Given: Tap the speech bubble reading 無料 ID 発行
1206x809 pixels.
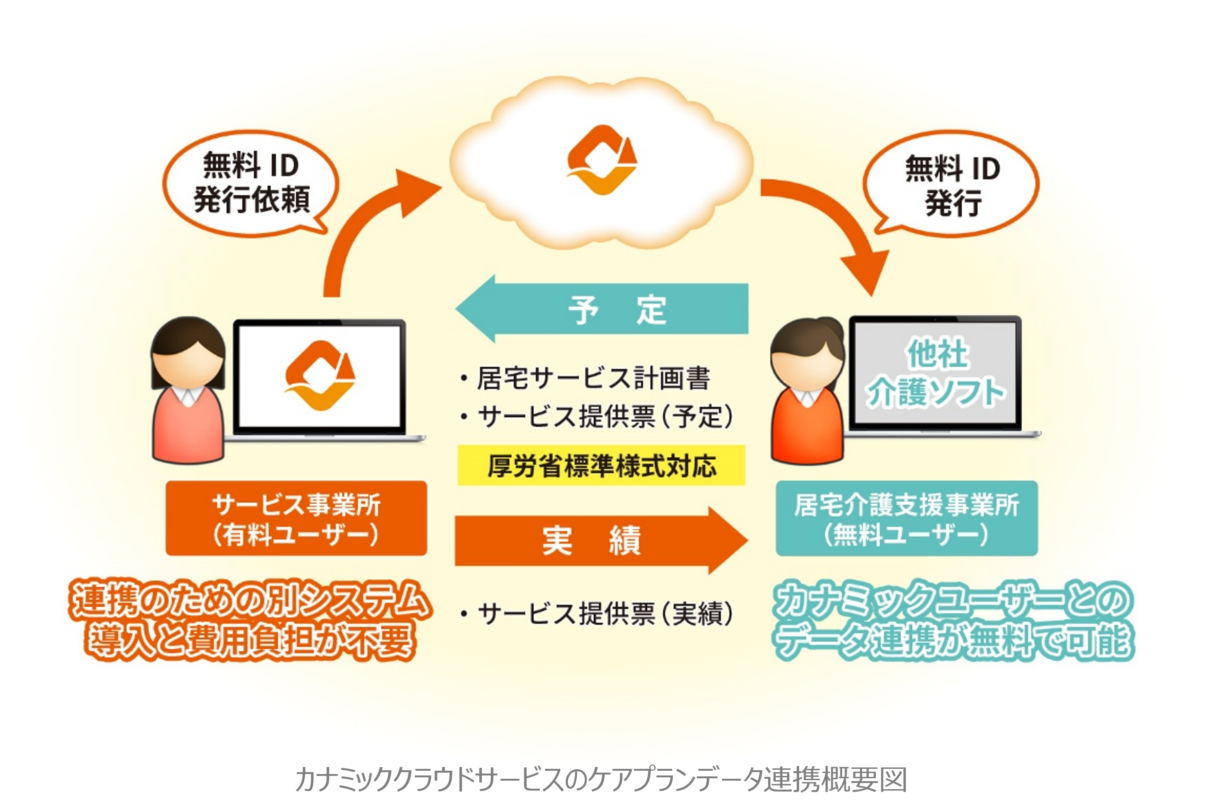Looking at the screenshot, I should coord(951,184).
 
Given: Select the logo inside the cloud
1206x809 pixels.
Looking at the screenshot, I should coord(602,160).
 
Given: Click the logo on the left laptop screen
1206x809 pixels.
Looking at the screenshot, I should coord(320,376).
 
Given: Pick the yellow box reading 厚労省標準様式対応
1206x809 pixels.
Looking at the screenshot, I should coord(601,465).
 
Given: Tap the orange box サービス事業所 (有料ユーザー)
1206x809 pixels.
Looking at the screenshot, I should coord(296,518).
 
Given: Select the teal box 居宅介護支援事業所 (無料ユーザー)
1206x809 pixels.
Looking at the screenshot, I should coord(906,518).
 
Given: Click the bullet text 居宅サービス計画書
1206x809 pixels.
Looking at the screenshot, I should coord(593,378).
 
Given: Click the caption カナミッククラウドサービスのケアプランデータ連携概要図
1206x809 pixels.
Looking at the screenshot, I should coord(601,779).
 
